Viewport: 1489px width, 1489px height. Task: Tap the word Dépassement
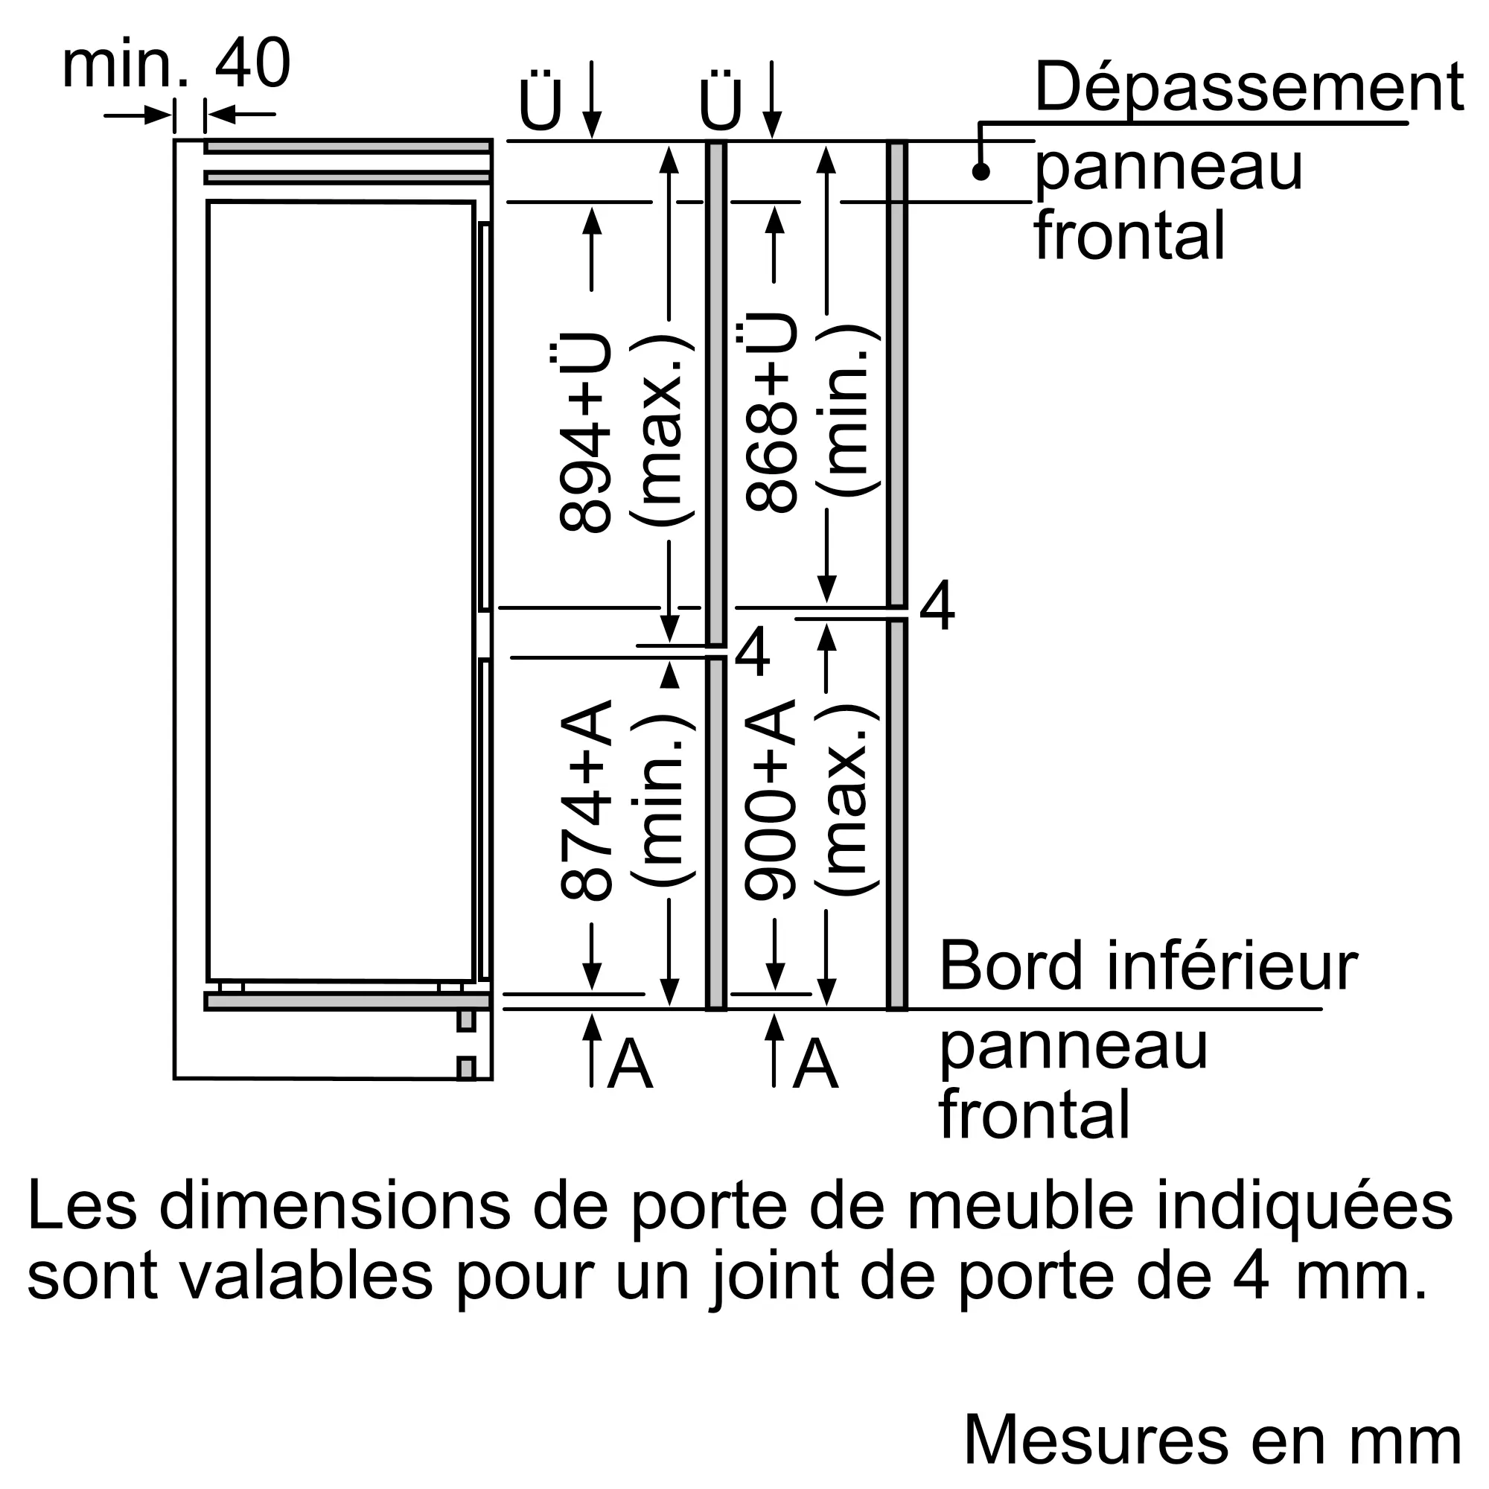[x=1248, y=88]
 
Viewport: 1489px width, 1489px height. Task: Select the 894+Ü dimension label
[x=586, y=432]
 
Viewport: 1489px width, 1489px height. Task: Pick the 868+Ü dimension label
[x=771, y=412]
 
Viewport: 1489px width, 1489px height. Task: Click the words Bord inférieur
[x=1147, y=966]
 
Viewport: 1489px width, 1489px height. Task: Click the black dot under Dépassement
[x=981, y=172]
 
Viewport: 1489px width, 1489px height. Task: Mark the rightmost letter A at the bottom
[x=815, y=1064]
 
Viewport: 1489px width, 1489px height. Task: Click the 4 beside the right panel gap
[x=937, y=607]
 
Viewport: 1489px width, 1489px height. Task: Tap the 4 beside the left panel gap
[x=752, y=652]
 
